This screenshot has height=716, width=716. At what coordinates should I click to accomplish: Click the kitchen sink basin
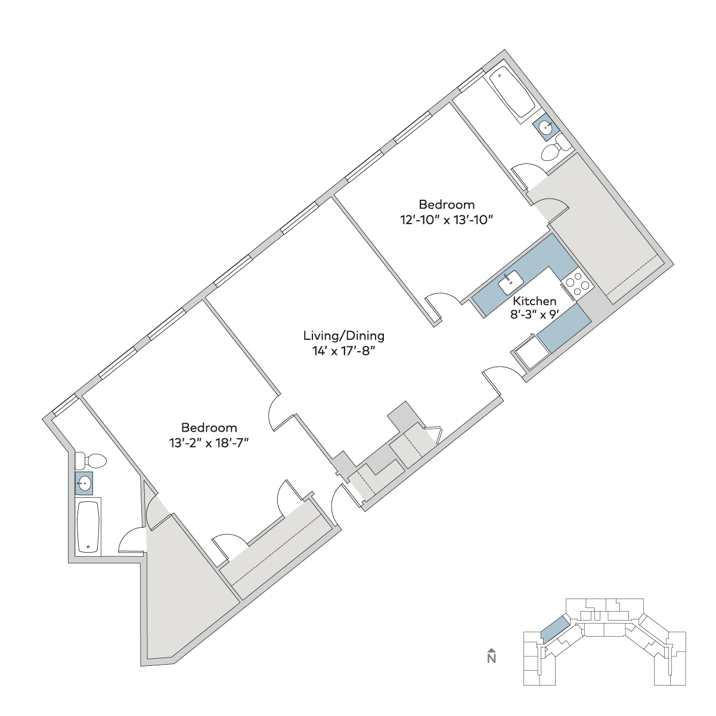click(510, 283)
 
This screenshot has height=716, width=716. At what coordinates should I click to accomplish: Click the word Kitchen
click(535, 301)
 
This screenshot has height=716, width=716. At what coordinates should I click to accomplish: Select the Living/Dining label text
click(344, 336)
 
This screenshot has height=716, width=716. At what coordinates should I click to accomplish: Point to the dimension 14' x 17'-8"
click(342, 351)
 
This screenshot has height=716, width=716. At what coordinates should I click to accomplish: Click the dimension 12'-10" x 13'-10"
click(447, 220)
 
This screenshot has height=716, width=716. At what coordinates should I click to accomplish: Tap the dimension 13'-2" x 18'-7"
click(209, 444)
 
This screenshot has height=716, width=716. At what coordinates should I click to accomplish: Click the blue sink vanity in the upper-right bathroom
click(545, 128)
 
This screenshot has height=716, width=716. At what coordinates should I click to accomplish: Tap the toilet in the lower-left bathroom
click(91, 461)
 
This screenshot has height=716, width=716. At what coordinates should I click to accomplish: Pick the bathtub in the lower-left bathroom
click(88, 527)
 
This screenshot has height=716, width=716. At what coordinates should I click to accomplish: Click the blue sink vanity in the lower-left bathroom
click(84, 483)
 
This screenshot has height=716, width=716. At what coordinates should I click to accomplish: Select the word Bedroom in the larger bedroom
click(209, 427)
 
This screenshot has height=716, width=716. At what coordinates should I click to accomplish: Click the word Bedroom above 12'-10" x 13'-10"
click(447, 204)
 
